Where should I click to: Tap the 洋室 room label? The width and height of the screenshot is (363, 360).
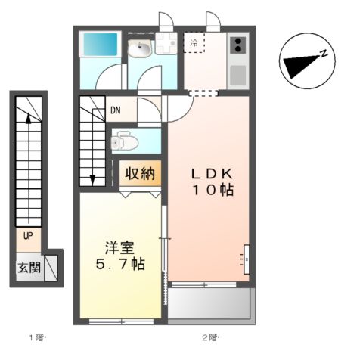[120, 247]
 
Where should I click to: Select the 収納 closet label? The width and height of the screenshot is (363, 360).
[141, 172]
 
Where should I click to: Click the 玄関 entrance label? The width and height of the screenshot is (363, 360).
[28, 266]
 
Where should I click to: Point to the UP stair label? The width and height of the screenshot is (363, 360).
[27, 235]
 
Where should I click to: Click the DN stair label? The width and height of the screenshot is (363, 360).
[115, 111]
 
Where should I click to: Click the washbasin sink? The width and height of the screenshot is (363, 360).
[141, 50]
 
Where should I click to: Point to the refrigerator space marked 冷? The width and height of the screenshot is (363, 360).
[194, 43]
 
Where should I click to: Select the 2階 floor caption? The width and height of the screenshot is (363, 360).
[209, 337]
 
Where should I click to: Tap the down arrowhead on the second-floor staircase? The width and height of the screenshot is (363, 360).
[93, 179]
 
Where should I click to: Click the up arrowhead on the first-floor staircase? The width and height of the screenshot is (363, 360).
[28, 117]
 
